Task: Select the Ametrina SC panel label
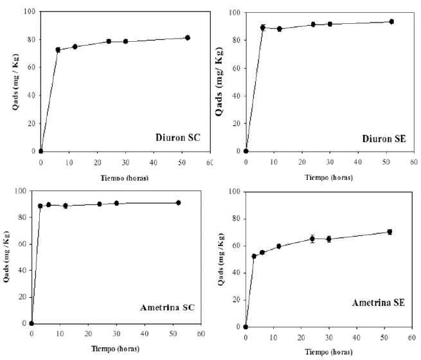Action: pos(168,307)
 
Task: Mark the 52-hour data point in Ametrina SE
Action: pos(390,232)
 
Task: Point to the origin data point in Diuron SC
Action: pos(40,151)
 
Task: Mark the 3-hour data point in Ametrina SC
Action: pos(40,206)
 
